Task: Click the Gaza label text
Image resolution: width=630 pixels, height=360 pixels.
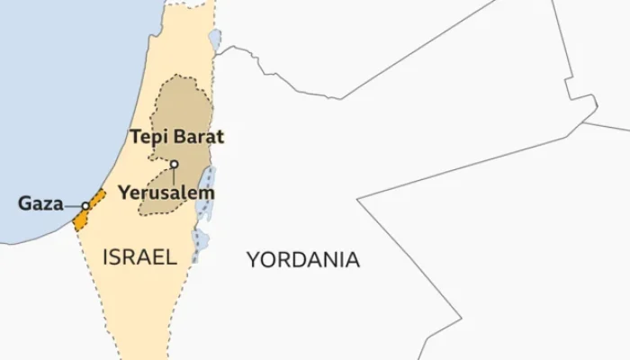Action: (40, 204)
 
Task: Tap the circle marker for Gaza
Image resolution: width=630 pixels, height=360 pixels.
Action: (85, 205)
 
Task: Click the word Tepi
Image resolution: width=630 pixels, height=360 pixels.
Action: (149, 137)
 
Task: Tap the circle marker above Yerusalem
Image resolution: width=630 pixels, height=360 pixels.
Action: (175, 164)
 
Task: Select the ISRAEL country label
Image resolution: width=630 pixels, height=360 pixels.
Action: (139, 257)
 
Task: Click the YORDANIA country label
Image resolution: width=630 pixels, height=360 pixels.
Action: (303, 260)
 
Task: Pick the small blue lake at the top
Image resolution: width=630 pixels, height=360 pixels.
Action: (214, 40)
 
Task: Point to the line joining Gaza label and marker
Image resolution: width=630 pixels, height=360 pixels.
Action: (72, 205)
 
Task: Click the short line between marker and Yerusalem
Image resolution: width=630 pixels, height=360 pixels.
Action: (175, 175)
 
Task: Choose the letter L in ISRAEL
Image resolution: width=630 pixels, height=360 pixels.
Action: (171, 257)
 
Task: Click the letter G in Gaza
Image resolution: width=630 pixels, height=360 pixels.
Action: (25, 204)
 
